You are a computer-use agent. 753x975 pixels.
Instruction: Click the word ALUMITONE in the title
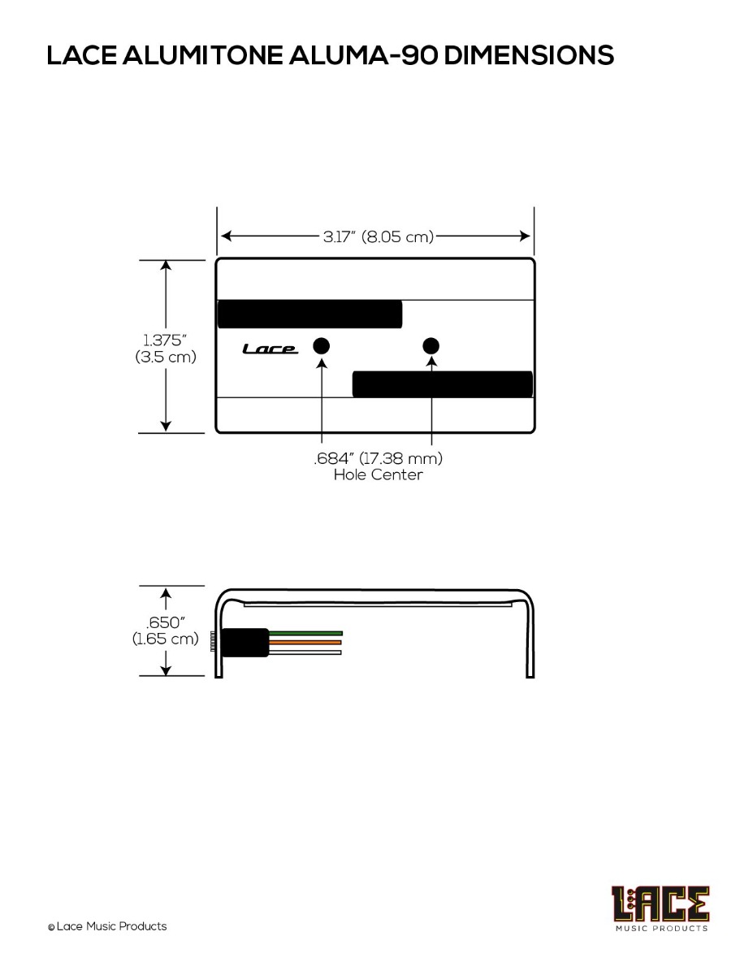click(x=203, y=55)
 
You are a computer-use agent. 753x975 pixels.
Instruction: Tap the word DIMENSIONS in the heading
click(x=529, y=55)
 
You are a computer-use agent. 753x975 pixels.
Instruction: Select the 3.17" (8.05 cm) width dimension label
click(x=379, y=236)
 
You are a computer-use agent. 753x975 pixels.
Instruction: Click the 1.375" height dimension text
click(x=165, y=340)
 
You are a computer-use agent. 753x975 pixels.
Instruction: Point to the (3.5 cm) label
click(x=166, y=357)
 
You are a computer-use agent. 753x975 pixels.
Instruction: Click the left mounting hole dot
click(x=321, y=346)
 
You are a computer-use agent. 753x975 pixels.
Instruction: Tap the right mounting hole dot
click(x=431, y=346)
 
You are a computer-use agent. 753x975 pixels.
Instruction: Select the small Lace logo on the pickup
click(x=270, y=349)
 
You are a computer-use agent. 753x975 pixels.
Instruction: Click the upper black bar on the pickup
click(x=309, y=314)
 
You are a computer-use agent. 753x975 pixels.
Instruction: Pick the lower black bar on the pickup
click(x=443, y=384)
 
